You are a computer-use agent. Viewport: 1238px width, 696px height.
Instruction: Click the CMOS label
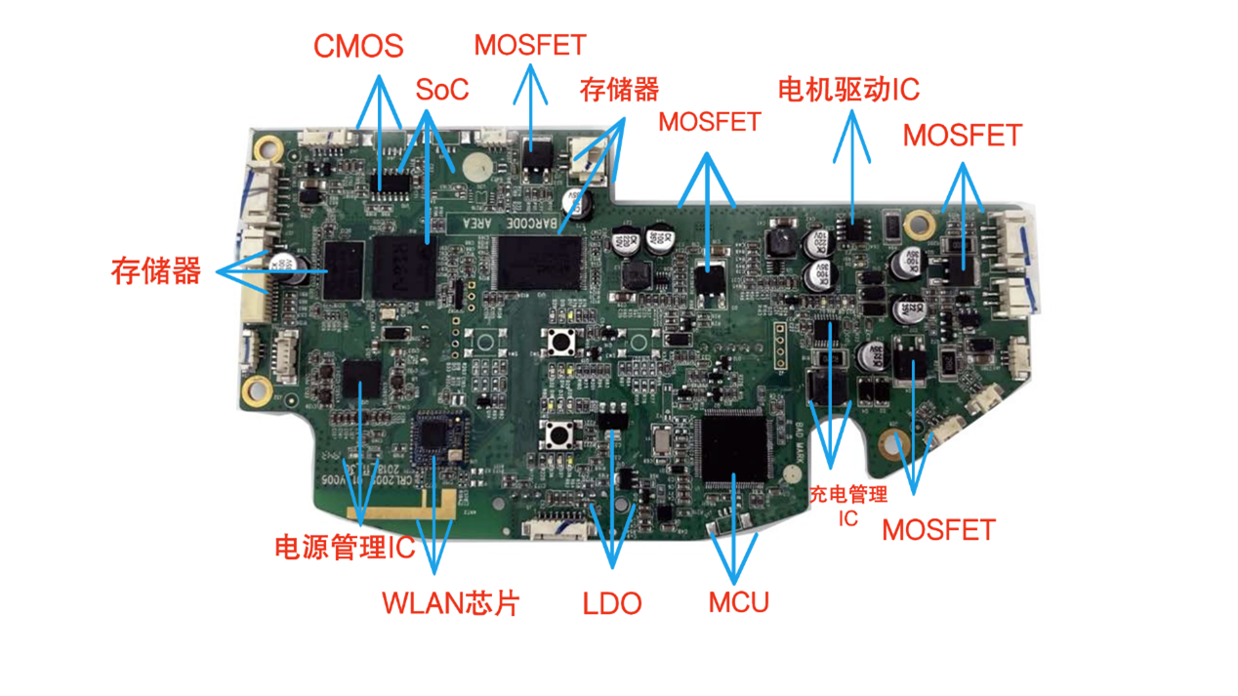click(x=358, y=46)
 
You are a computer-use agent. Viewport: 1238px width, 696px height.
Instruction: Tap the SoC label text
click(x=441, y=90)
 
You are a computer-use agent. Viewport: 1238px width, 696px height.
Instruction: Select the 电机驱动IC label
click(x=848, y=90)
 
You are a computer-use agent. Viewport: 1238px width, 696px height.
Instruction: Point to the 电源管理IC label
click(x=345, y=548)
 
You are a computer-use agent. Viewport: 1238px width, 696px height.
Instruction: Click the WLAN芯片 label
click(x=450, y=602)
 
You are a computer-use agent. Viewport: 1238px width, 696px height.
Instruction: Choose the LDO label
click(x=612, y=603)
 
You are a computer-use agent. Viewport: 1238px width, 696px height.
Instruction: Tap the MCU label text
click(x=738, y=601)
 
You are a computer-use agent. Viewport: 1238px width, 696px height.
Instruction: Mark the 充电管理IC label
click(x=847, y=506)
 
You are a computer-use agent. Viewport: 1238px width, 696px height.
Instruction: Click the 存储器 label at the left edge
click(x=156, y=270)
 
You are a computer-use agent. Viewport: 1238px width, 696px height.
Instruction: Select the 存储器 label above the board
click(x=619, y=90)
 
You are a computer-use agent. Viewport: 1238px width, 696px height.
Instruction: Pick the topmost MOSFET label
click(x=530, y=45)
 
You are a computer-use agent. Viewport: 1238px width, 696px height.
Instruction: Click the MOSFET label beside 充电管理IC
click(x=938, y=530)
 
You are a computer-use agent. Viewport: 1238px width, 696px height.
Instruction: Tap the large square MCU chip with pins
click(x=734, y=444)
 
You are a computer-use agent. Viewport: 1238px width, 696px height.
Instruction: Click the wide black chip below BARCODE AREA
click(x=539, y=262)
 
